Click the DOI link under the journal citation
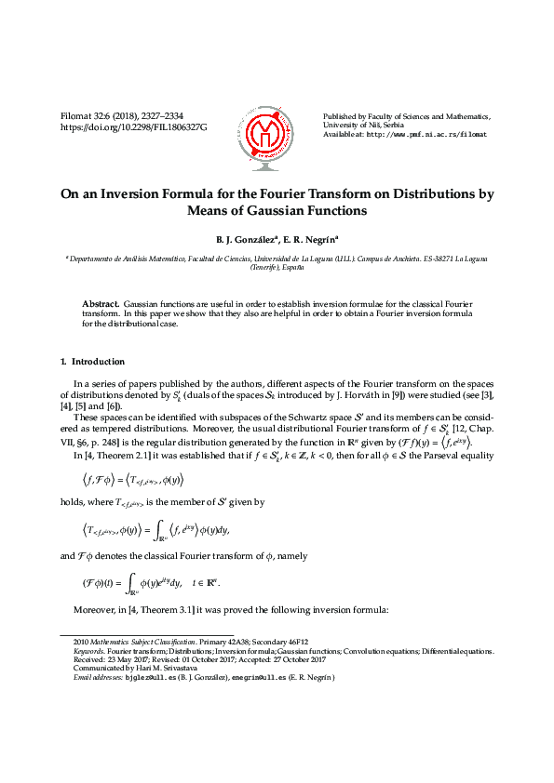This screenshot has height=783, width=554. pyautogui.click(x=133, y=126)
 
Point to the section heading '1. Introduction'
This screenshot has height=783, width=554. pyautogui.click(x=92, y=361)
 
